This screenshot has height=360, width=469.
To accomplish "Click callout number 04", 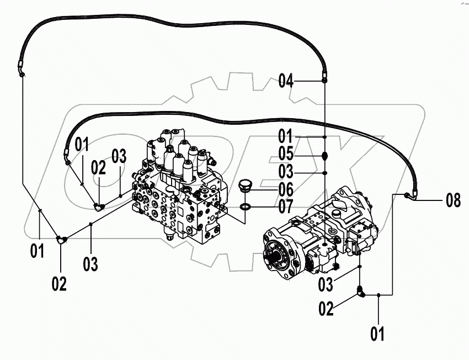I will [x=286, y=81].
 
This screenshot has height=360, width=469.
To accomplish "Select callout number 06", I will [x=286, y=189].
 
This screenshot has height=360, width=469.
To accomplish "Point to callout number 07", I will [x=286, y=208].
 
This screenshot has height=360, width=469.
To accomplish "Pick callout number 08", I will [x=453, y=200].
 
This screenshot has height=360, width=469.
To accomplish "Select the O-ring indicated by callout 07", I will [x=246, y=207].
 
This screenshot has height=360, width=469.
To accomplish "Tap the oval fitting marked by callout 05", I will [x=325, y=155].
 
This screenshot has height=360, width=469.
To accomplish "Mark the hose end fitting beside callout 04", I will [x=324, y=81].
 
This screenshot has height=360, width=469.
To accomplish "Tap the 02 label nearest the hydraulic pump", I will [x=327, y=309].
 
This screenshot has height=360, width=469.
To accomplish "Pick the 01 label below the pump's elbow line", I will [x=377, y=333].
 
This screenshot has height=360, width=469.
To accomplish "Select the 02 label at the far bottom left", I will [x=59, y=284].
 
